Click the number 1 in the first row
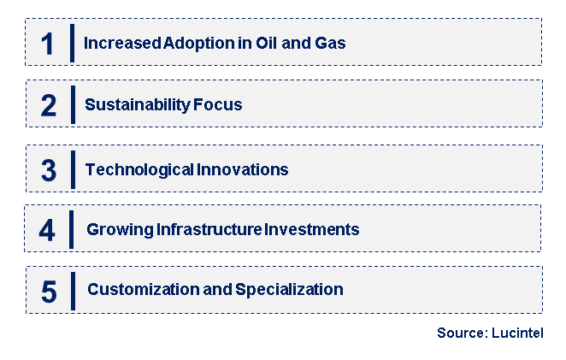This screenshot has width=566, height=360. (x=48, y=44)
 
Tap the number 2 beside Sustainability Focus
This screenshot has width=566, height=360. (x=49, y=106)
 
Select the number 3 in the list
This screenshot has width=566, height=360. (x=49, y=170)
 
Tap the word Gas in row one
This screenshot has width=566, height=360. (x=330, y=43)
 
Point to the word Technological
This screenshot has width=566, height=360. (x=139, y=170)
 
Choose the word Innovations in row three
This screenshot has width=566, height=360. (x=243, y=170)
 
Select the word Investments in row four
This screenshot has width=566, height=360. (x=311, y=230)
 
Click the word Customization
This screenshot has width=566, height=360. (x=141, y=290)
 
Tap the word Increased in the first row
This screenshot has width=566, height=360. (x=120, y=43)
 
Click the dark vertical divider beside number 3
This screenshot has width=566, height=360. (x=73, y=168)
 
